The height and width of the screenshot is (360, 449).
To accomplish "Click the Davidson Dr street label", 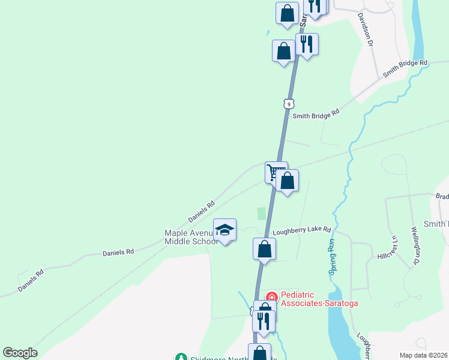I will pos(366,31).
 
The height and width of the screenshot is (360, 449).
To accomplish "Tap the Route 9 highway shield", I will pos(289,104).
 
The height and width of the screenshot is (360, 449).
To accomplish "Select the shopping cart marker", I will pos(276,172).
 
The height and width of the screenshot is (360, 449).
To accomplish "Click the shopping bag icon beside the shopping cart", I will pos(288,181).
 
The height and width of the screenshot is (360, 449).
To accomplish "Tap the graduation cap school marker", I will pos(225,230).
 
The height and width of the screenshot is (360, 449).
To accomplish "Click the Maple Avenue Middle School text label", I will pos(191,237).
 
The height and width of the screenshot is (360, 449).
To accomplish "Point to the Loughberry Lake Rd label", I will pos(302,230).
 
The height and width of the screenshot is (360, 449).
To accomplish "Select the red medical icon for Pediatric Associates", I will pos(271,297).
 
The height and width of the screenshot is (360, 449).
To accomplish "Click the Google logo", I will pos(20,353).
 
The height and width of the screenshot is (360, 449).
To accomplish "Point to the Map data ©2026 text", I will pos(423,355).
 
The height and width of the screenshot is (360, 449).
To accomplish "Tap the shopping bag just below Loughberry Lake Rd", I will pos(264,248).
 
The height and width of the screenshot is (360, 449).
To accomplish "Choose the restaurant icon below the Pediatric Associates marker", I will pos(264,320).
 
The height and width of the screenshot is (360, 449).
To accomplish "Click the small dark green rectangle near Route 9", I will pos(261,213).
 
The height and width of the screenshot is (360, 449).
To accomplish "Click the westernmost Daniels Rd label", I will pos(31,281).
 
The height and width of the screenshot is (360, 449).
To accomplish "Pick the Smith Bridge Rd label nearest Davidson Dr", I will pos(406,70).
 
